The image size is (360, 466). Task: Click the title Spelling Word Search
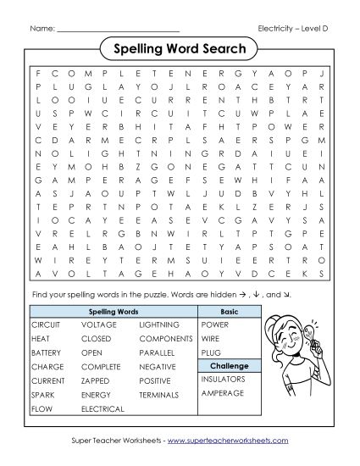180,49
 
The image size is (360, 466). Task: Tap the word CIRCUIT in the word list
46,325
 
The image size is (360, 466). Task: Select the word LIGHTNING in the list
159,325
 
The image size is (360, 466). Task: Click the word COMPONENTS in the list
166,338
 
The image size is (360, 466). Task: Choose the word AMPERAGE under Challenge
222,393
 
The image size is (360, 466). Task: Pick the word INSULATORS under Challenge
224,379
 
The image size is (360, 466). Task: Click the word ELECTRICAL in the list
102,408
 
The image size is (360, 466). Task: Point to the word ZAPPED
95,380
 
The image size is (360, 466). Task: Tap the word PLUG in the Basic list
211,352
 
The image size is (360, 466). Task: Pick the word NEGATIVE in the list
158,366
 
